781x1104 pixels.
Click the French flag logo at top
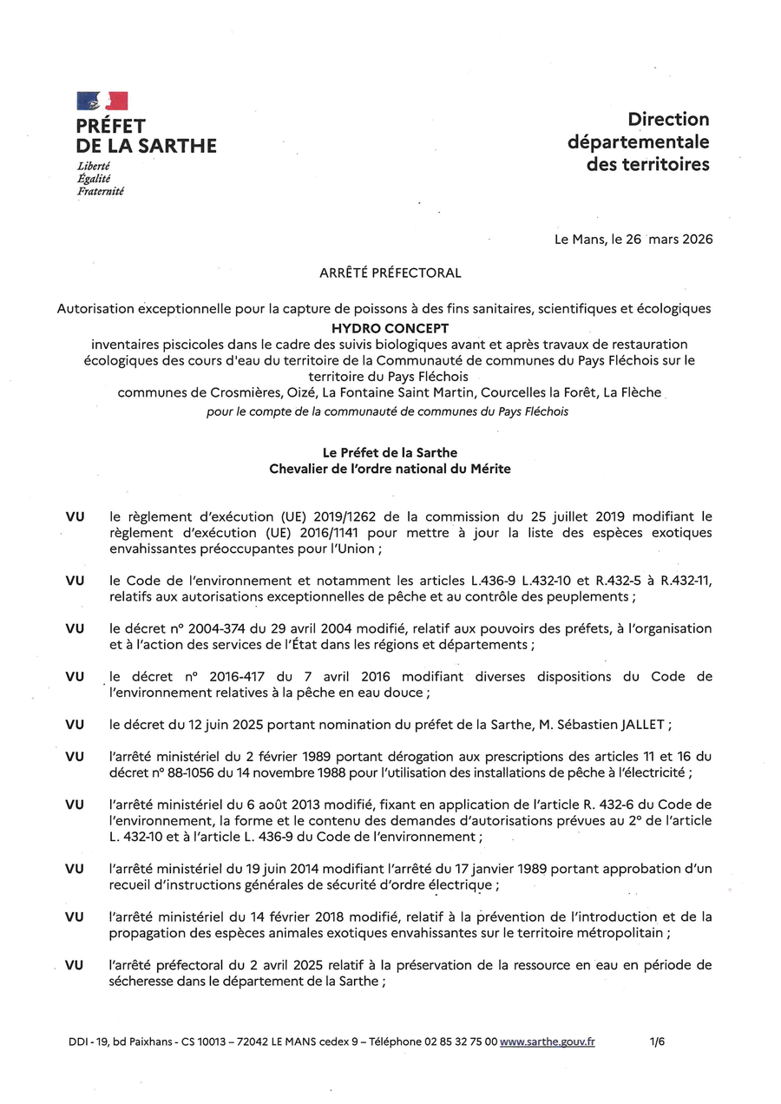click(x=102, y=101)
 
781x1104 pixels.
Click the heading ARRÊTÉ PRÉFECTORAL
click(x=390, y=273)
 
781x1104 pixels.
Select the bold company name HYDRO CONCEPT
click(x=390, y=329)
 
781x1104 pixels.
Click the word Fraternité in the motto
click(x=101, y=191)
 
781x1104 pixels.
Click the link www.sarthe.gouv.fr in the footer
click(x=548, y=1042)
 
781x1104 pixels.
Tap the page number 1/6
click(x=657, y=1042)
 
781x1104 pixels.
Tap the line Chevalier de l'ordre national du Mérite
click(x=390, y=469)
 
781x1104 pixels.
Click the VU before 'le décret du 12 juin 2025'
click(x=75, y=725)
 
